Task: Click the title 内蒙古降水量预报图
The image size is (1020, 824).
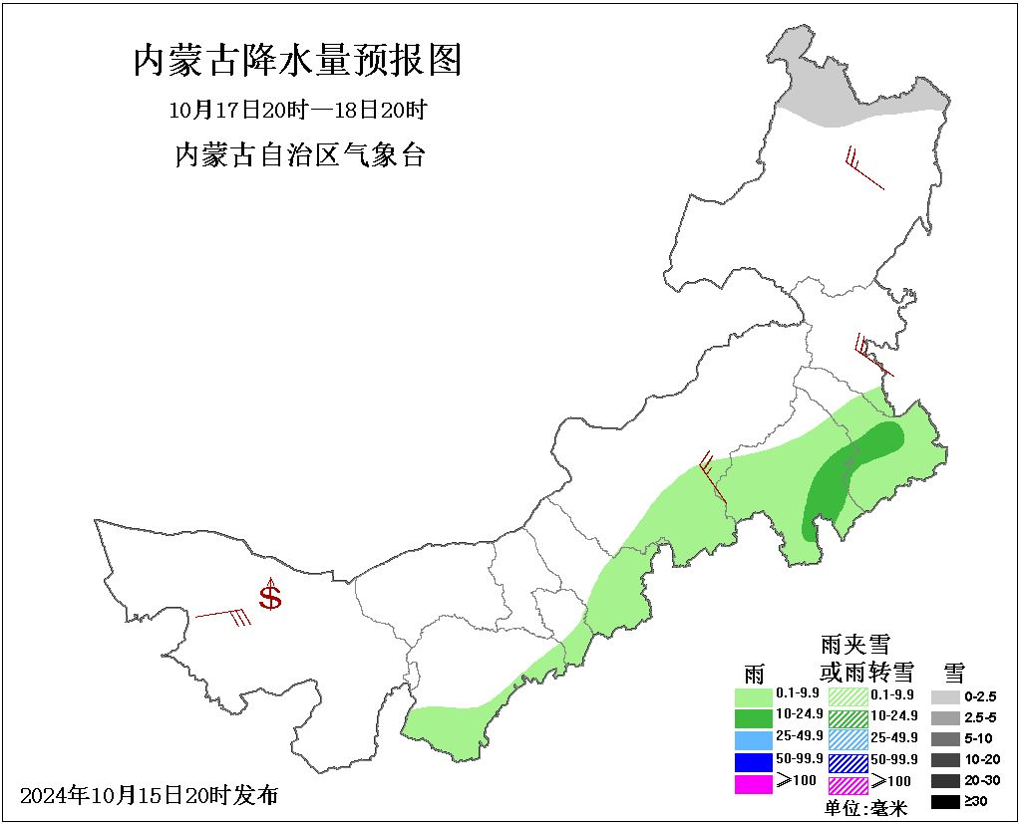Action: [298, 61]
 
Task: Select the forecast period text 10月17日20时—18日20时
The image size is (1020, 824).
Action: [299, 109]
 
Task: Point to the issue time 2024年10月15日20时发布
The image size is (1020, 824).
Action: [150, 795]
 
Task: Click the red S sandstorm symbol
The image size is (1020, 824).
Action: [270, 598]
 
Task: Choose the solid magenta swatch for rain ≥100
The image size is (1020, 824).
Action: [753, 782]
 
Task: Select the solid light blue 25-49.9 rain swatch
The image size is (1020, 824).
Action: [753, 737]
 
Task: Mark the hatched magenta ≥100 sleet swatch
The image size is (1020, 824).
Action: [849, 782]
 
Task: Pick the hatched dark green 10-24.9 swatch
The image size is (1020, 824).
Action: [849, 715]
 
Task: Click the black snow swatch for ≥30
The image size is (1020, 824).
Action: [944, 801]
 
